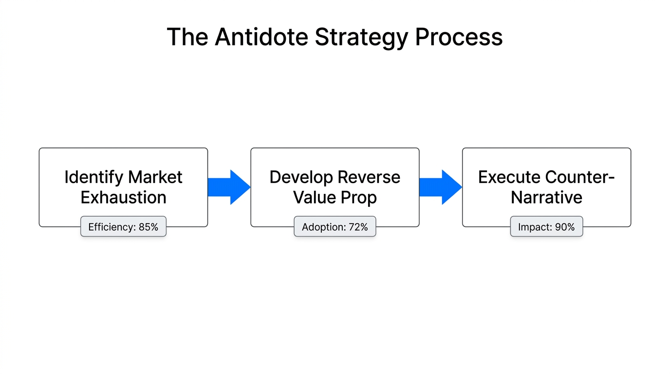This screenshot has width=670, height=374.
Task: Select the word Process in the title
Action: (x=459, y=37)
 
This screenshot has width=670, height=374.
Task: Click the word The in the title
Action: (x=187, y=37)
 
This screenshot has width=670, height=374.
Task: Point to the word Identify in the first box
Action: (x=93, y=177)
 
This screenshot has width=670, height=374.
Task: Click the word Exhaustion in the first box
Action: (x=123, y=198)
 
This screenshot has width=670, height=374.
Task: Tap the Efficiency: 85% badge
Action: (x=123, y=227)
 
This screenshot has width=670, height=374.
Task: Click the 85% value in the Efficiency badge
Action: (x=148, y=227)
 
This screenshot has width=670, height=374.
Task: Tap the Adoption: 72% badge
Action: (x=335, y=227)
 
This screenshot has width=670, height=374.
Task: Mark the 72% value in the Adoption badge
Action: (x=357, y=227)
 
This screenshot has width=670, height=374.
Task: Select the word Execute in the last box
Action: (x=510, y=177)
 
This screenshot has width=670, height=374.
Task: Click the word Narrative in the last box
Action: (x=546, y=198)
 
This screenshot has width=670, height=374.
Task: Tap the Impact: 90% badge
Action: (x=546, y=227)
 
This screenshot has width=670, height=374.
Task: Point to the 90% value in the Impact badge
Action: (x=565, y=227)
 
